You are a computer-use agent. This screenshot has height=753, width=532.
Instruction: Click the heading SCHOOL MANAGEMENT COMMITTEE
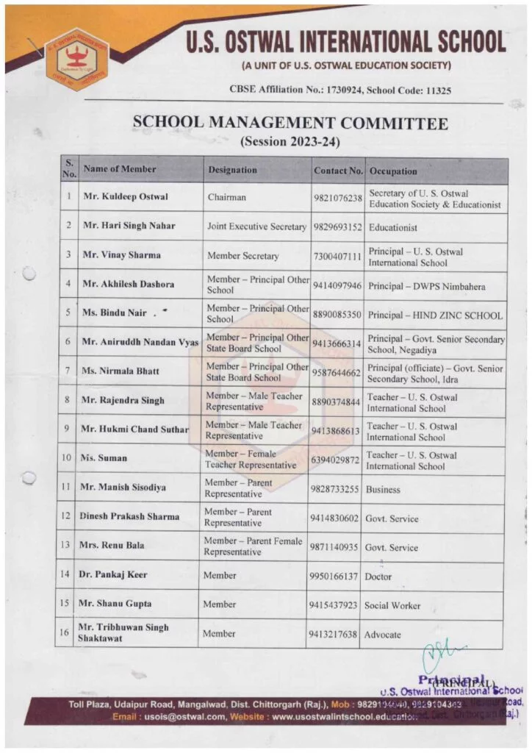[290, 124]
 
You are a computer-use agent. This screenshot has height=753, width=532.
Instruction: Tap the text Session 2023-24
[290, 141]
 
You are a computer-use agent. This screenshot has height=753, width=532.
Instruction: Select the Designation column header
[232, 170]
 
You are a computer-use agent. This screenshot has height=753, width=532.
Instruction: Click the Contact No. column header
[338, 171]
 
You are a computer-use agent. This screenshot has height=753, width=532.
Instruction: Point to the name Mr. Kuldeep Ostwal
[126, 197]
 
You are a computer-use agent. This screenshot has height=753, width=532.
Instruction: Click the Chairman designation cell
[227, 197]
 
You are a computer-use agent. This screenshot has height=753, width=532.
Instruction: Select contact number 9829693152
[336, 227]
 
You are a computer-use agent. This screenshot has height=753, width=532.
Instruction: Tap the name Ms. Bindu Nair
[115, 313]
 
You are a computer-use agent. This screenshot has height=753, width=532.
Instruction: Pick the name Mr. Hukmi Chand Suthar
[135, 429]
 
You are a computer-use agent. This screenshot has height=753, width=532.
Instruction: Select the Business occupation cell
[384, 489]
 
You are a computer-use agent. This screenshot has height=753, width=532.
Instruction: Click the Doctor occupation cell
[379, 577]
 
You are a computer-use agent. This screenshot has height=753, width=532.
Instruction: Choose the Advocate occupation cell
[384, 634]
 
